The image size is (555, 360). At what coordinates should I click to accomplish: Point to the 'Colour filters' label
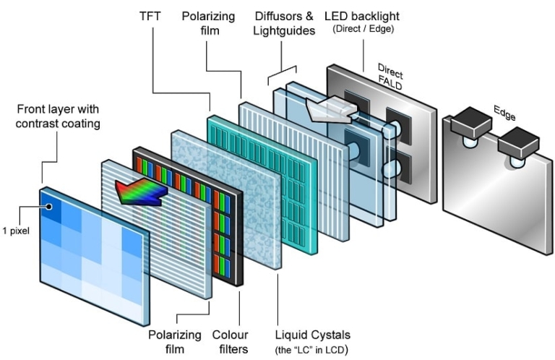pyautogui.click(x=231, y=341)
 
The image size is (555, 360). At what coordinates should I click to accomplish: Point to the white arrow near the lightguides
pyautogui.click(x=328, y=108)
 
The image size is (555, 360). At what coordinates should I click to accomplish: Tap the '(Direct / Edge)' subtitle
pyautogui.click(x=364, y=29)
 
